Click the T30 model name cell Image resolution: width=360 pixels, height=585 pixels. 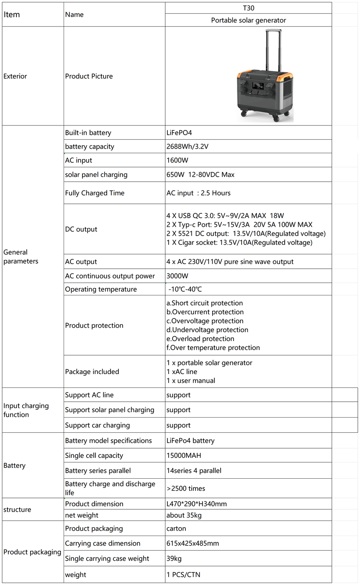(x=248, y=8)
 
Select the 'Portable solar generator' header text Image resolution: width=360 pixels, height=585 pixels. (x=248, y=20)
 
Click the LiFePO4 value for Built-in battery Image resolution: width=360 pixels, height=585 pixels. (x=179, y=133)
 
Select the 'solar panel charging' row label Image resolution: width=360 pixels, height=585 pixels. (x=96, y=174)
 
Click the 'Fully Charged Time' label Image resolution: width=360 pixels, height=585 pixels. (x=95, y=193)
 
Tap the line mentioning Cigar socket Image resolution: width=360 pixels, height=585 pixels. (x=239, y=242)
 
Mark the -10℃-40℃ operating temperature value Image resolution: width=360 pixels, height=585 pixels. (x=185, y=289)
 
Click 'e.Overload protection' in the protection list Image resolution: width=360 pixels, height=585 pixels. (x=200, y=339)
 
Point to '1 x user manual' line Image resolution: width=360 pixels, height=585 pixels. (x=190, y=380)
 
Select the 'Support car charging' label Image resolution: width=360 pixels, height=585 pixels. (x=98, y=425)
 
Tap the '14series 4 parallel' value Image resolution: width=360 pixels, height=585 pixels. (x=194, y=470)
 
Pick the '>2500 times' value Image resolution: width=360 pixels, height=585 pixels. (x=186, y=488)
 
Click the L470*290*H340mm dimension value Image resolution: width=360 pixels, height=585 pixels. (x=196, y=504)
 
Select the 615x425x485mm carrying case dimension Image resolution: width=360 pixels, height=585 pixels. (x=193, y=543)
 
